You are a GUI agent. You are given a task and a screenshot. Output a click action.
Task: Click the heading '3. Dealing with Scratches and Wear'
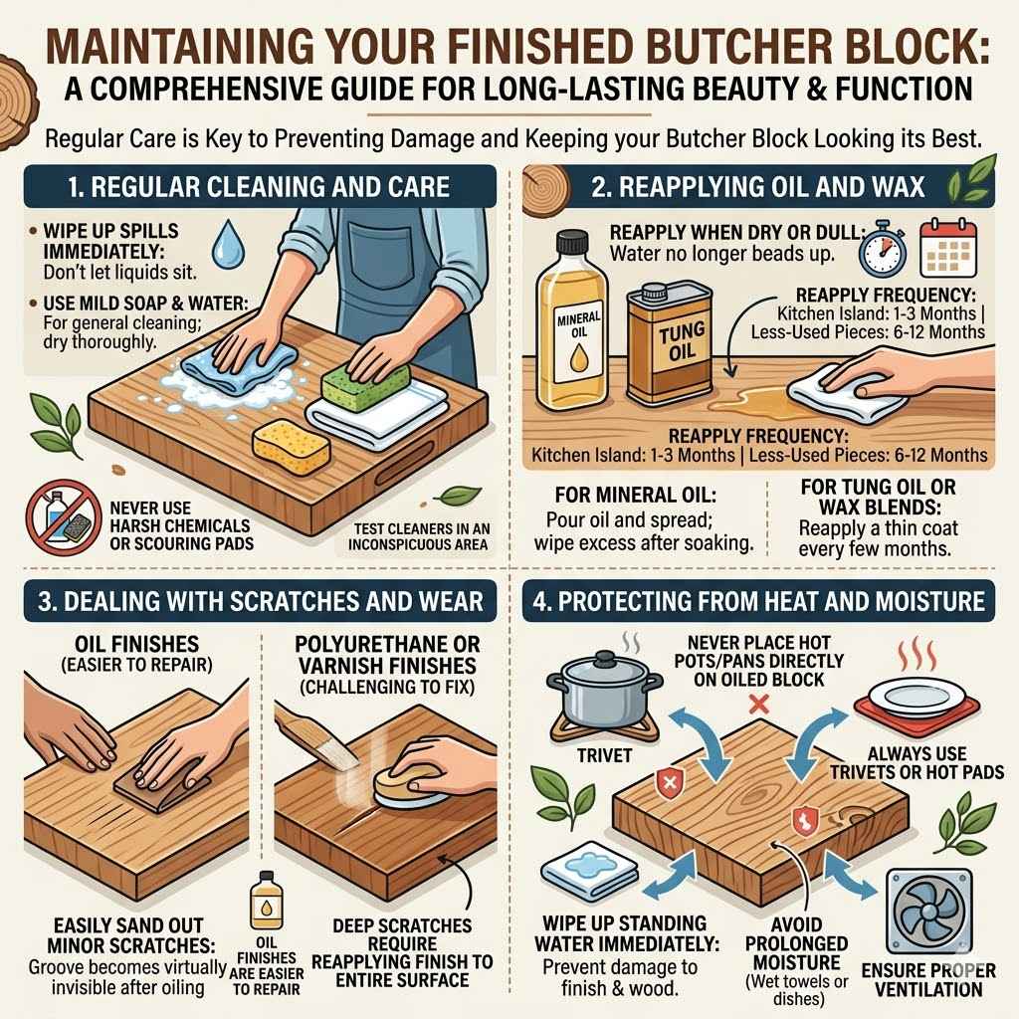click(x=255, y=601)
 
